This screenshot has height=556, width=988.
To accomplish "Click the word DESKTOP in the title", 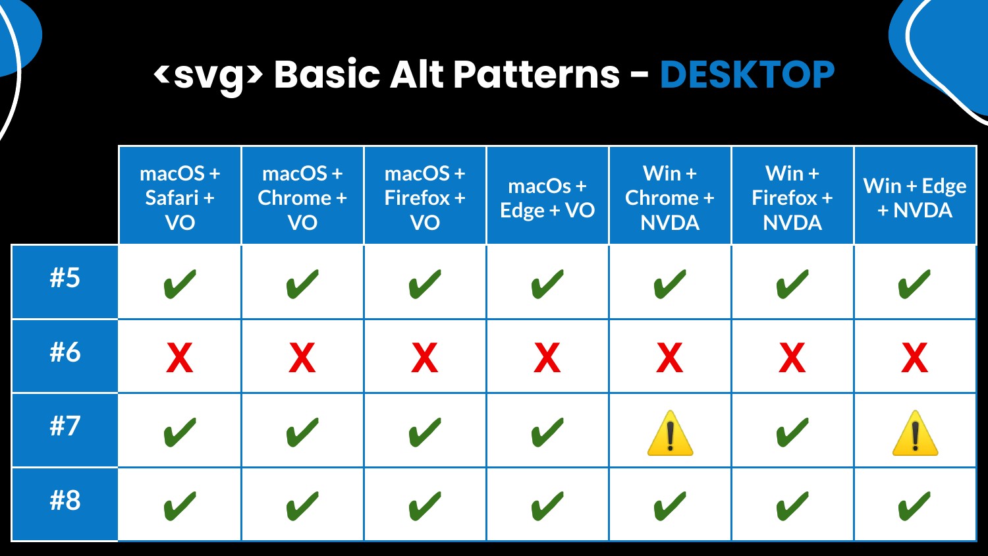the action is (x=747, y=74).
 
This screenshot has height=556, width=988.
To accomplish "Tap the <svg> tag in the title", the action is (x=208, y=76).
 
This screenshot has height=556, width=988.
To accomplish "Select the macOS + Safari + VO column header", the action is (x=180, y=198).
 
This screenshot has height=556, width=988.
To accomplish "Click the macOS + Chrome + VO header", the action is (x=302, y=198).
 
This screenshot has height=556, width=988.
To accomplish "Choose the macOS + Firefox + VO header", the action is (x=425, y=198).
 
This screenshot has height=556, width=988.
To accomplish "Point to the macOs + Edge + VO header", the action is (x=547, y=198).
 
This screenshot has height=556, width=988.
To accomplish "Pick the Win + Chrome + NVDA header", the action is (x=670, y=198).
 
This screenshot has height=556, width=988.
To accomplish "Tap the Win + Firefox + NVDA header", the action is (x=792, y=198).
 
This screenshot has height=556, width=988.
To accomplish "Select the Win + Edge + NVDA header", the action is (x=915, y=198).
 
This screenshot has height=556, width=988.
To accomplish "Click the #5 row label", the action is (x=65, y=278).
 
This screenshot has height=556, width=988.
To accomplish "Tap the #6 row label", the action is (x=65, y=352).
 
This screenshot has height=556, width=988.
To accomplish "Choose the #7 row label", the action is (x=65, y=426).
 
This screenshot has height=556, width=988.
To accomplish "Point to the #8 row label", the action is (x=65, y=501).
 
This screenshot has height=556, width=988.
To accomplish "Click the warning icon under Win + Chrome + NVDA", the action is (x=670, y=433).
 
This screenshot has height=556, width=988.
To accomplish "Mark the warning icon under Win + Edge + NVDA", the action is (x=915, y=433).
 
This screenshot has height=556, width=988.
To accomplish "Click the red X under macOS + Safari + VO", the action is (x=180, y=358).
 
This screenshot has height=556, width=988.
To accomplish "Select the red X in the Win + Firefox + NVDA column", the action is (x=792, y=358).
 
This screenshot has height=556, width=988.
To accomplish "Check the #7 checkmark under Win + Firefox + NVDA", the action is (x=792, y=432).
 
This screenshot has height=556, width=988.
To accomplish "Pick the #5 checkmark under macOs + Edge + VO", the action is (x=547, y=284).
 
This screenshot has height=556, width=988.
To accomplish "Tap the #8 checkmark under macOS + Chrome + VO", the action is (x=302, y=506).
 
